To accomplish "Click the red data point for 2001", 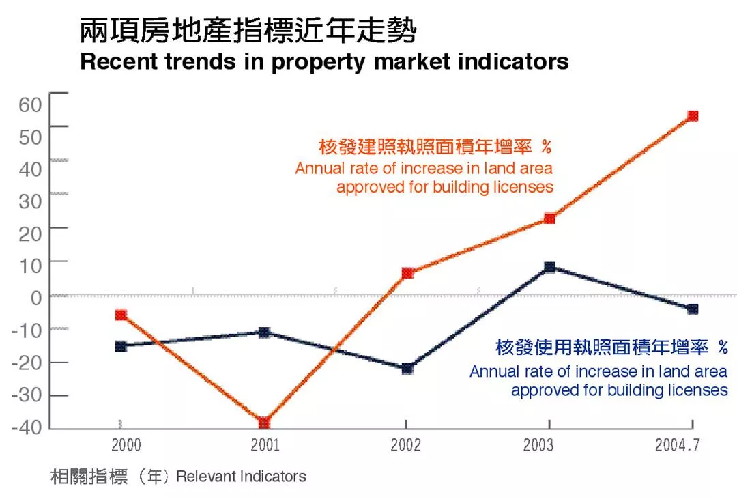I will [264, 423].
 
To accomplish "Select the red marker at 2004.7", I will [693, 116].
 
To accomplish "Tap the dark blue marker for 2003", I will [549, 267].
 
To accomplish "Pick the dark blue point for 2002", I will [407, 369].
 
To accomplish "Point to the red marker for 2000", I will [121, 315].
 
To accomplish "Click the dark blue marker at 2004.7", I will [693, 309].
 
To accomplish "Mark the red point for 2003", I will [549, 218].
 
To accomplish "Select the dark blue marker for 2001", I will [264, 332].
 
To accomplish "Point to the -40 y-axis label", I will [26, 427].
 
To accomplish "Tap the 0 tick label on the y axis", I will [35, 298].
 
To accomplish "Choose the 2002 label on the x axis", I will [405, 446].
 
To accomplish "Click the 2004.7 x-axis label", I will [677, 446].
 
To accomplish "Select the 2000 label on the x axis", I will [126, 446].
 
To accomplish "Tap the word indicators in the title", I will [513, 61].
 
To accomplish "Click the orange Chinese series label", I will [435, 146].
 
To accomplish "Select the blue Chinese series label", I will [611, 347].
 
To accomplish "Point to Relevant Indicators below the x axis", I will [241, 477].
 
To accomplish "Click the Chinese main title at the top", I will [247, 30].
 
